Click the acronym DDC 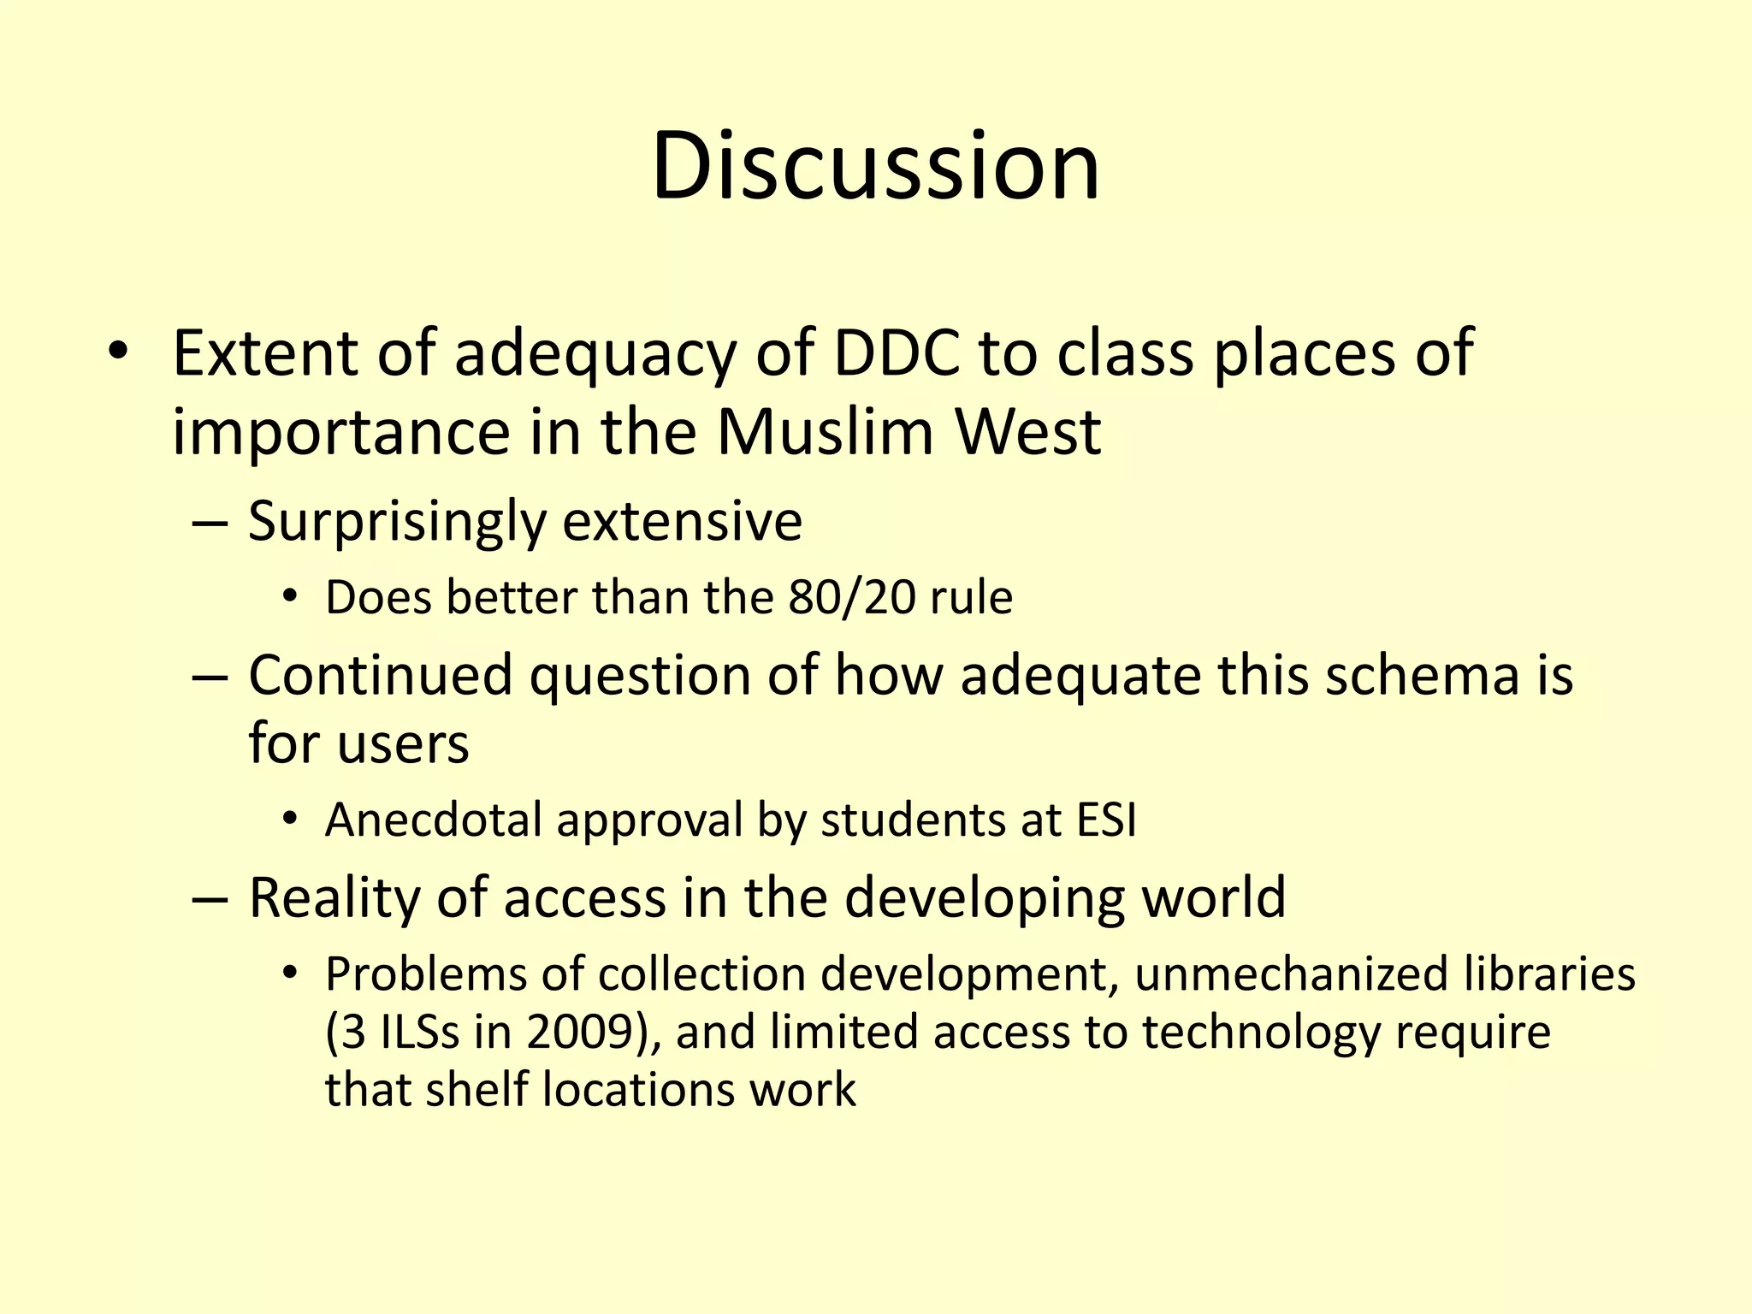point(896,353)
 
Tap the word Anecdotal point(434,820)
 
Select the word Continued point(380,675)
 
